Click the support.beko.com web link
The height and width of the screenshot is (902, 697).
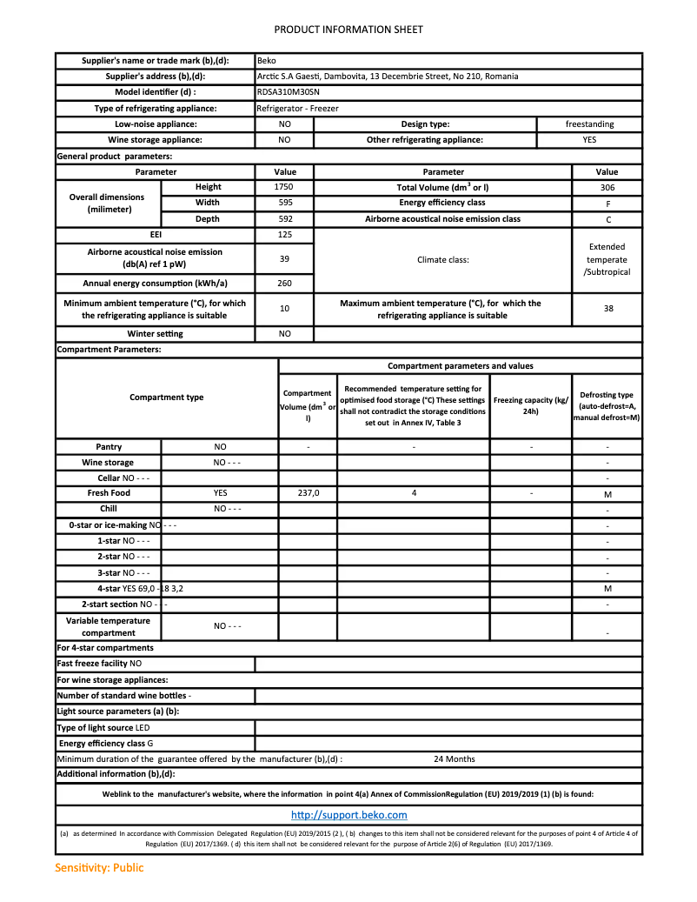348,815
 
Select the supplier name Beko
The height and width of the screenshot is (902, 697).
267,61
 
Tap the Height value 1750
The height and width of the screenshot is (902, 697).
284,187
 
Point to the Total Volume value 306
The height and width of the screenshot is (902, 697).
607,187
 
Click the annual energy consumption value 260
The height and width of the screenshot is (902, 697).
284,284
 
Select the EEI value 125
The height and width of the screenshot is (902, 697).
284,235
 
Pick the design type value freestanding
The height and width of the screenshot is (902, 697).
589,124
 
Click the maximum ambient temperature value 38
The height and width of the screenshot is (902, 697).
607,309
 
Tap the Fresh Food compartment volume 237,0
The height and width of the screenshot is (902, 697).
309,493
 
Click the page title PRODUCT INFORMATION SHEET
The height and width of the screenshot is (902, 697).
348,30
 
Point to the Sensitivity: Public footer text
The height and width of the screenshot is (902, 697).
99,867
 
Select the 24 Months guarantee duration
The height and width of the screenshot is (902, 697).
454,758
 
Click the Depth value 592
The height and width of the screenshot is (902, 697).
284,219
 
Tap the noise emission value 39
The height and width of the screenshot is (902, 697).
284,259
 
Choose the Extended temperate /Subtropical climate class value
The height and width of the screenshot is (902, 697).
607,259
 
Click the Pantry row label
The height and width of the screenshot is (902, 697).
109,446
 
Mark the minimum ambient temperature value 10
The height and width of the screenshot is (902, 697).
284,309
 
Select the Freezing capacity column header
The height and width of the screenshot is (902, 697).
530,405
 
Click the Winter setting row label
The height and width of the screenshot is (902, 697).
155,334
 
